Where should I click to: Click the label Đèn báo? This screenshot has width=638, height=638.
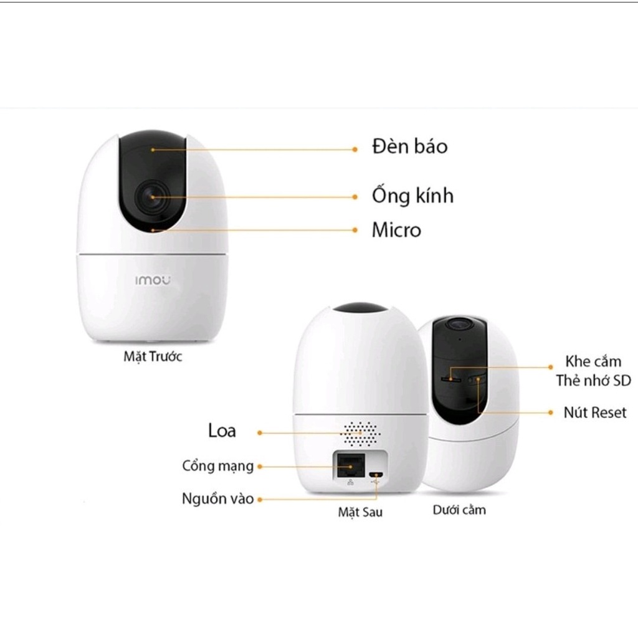point(409,147)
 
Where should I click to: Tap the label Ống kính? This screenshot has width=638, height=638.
point(412,196)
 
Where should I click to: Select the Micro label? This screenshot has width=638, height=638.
point(396,230)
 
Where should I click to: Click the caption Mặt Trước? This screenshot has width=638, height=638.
point(153,358)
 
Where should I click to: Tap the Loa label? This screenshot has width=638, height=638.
point(222,431)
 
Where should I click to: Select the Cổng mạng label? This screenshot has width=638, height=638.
point(218,465)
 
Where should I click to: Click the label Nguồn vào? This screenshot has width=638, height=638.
point(218,499)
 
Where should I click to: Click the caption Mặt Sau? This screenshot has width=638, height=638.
point(360,512)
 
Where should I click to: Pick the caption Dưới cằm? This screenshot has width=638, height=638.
point(459,510)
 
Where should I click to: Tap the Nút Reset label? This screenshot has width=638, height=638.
point(595,412)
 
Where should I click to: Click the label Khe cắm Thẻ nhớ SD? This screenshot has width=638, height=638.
point(593,371)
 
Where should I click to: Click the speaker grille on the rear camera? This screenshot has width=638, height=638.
point(361,432)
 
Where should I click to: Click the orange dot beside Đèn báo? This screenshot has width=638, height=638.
point(355,150)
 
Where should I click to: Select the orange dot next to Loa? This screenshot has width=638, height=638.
point(260,432)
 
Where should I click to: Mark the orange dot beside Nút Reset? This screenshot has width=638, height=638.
point(550,412)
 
